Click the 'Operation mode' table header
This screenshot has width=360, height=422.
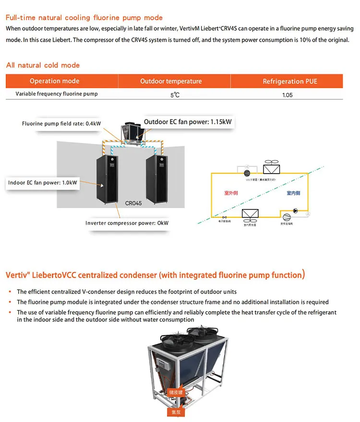(x=54, y=81)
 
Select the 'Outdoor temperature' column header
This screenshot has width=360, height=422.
(x=171, y=81)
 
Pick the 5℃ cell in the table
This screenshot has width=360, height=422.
(x=175, y=95)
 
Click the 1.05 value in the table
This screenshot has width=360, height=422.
(x=288, y=95)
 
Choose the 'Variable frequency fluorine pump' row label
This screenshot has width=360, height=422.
(x=57, y=94)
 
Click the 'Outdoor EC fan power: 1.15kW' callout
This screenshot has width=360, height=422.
(x=188, y=122)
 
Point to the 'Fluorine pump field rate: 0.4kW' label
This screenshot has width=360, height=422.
(x=61, y=124)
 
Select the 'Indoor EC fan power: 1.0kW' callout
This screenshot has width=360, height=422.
(x=43, y=183)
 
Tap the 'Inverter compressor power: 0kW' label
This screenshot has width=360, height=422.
(x=127, y=223)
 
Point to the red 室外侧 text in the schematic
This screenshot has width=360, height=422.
(x=232, y=193)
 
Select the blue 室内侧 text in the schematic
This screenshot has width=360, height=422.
(x=293, y=193)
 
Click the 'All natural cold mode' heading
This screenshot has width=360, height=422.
(x=43, y=65)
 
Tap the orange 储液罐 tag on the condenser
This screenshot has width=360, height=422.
(x=175, y=392)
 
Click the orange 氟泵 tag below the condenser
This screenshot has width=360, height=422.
(x=175, y=411)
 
